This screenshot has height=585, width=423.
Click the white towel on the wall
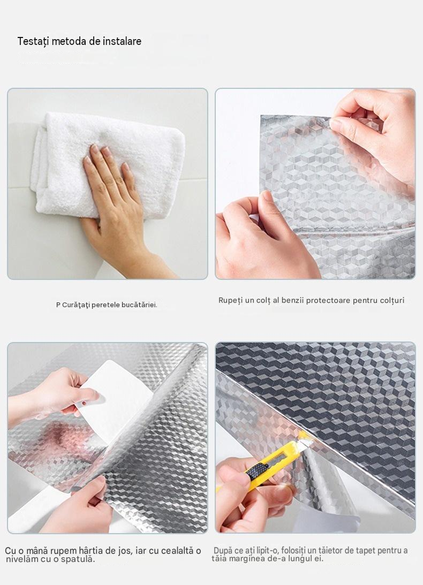click(108, 164)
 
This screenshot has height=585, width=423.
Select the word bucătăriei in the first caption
click(140, 305)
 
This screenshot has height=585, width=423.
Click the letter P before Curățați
click(58, 305)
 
